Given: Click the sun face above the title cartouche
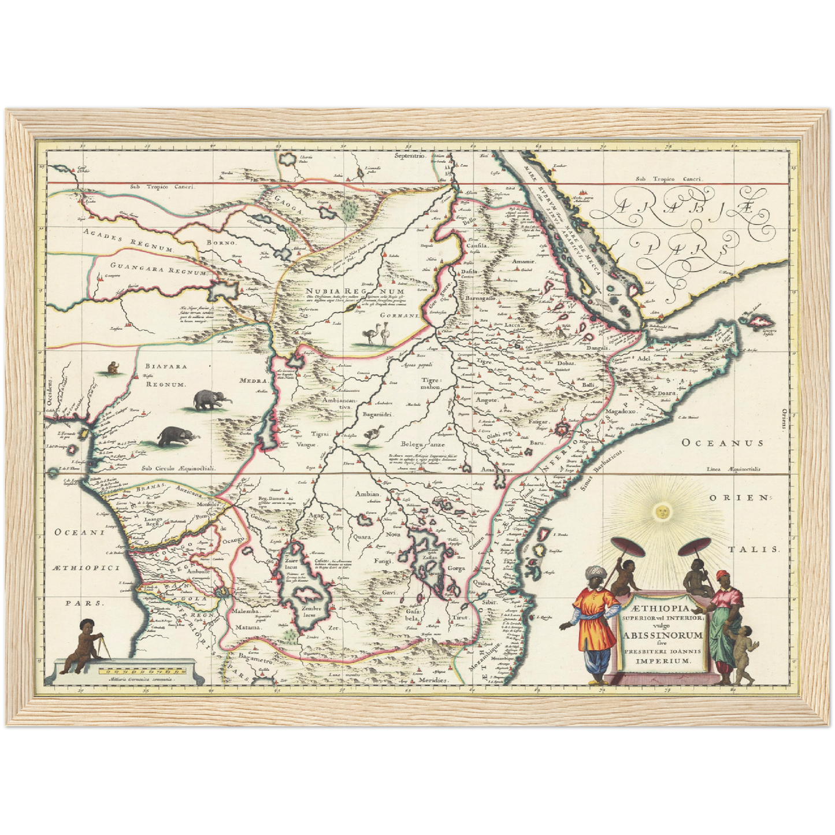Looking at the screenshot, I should (663, 510).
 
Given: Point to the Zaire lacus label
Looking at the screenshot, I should (291, 565).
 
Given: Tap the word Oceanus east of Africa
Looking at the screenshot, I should (722, 443).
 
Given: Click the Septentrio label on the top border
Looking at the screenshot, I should (409, 156).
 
